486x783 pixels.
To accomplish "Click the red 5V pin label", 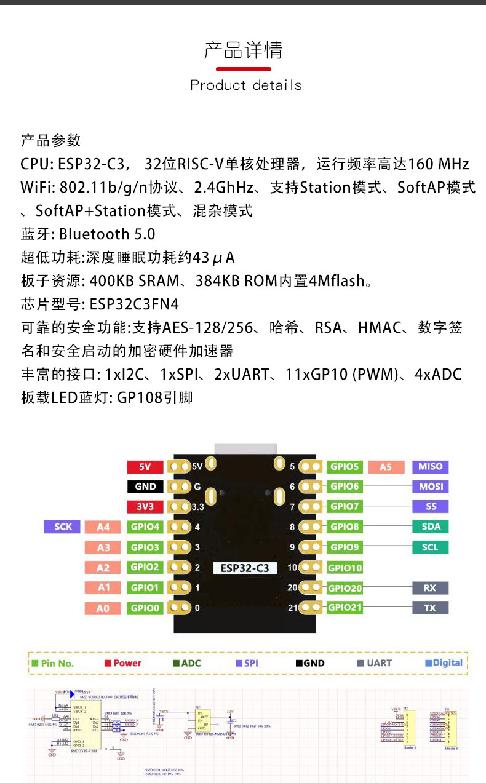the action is (x=145, y=467).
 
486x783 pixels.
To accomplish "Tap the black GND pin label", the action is (x=145, y=487).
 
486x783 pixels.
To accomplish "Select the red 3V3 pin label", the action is (x=145, y=507).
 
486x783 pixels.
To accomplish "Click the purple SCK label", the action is (x=63, y=527).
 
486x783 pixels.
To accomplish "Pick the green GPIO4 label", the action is (x=145, y=527).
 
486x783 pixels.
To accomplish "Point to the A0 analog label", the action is (x=103, y=608).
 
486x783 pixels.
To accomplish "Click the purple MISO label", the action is (x=430, y=466).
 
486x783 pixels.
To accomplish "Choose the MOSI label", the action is (x=430, y=487).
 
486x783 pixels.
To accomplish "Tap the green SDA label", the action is (x=430, y=527).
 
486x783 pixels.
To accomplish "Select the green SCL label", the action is (x=430, y=547).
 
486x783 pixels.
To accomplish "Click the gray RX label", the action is (x=430, y=587).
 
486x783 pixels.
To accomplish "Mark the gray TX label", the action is (x=430, y=608).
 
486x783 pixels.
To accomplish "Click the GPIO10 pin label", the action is (x=345, y=568).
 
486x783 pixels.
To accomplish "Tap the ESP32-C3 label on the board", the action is (x=245, y=568).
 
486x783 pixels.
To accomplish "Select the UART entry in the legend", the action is (x=374, y=663).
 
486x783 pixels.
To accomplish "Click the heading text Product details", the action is (x=246, y=85).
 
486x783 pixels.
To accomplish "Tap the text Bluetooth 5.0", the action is (x=107, y=234).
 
